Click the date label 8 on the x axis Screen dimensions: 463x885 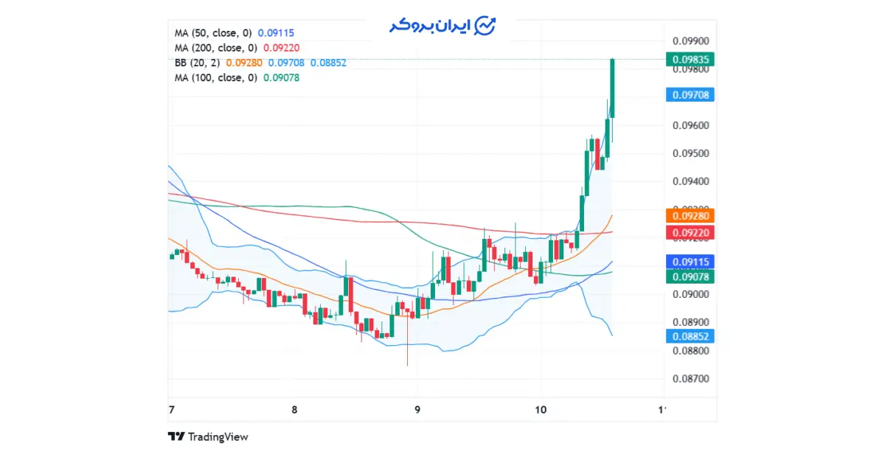pyautogui.click(x=294, y=410)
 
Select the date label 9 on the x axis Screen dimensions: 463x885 pyautogui.click(x=417, y=410)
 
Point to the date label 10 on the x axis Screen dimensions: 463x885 pyautogui.click(x=541, y=410)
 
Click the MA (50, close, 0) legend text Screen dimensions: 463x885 pyautogui.click(x=213, y=33)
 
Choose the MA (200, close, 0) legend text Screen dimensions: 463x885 pyautogui.click(x=215, y=48)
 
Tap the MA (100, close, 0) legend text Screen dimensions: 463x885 pyautogui.click(x=215, y=77)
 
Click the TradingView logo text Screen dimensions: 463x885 pyautogui.click(x=218, y=437)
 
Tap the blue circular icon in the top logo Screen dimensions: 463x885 pyautogui.click(x=485, y=26)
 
